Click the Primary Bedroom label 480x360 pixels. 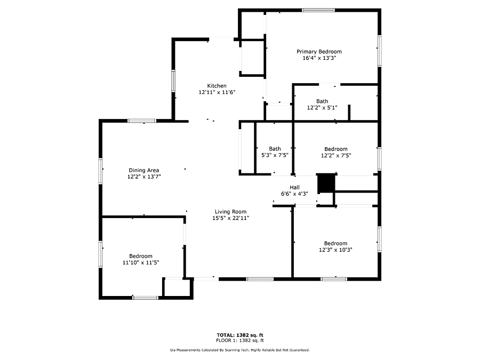pos(319,51)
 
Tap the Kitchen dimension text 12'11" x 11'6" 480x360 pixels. pos(217,92)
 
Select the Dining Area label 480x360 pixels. pos(144,170)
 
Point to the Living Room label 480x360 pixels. pos(230,212)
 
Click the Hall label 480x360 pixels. pos(294,187)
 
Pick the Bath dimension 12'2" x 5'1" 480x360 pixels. pos(322,107)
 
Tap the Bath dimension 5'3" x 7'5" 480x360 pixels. pos(275,155)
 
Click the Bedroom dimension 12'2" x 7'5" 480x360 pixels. pos(336,155)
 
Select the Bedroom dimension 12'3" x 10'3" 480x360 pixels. pos(335,250)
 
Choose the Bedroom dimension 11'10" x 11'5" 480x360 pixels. pos(141,262)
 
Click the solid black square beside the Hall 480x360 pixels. pos(326,183)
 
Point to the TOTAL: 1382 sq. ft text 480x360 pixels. pos(240,335)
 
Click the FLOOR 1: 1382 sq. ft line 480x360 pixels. pos(240,340)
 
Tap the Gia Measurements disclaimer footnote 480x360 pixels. pos(240,350)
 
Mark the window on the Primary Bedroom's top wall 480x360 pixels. pos(318,10)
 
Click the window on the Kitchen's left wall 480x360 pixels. pos(173,81)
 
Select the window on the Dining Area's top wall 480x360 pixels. pos(142,121)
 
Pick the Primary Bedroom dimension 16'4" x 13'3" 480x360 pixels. pos(319,58)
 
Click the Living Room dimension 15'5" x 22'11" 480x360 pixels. pos(231,218)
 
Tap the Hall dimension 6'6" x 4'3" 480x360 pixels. pos(294,194)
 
